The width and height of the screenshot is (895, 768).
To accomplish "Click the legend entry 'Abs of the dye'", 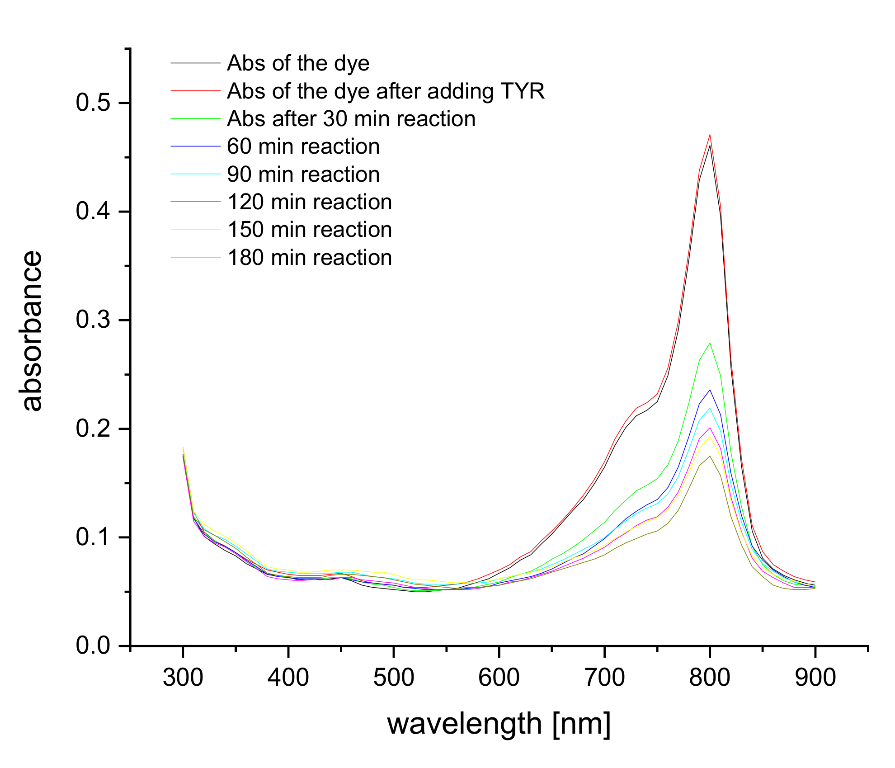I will coord(298,63).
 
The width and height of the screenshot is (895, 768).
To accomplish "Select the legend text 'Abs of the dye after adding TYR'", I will coord(386,91).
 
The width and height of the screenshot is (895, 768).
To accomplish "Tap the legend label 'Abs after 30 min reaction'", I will coord(351,119).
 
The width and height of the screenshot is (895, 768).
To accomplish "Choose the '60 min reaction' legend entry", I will coord(303,146).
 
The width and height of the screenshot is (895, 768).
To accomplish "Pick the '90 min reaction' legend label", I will coord(303,174).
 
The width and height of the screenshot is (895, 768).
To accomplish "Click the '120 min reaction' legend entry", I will coord(310,202).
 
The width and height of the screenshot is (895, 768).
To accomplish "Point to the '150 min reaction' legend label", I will coord(310,230).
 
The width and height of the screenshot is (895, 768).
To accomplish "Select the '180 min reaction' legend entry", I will coord(310,258).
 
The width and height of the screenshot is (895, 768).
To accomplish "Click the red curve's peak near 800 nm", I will coord(710,135).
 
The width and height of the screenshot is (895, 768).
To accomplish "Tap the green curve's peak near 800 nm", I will coord(710,343).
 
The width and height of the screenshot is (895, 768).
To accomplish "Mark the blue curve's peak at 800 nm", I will coord(710,390).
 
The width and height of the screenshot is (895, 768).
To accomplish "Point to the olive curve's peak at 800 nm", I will coord(710,456).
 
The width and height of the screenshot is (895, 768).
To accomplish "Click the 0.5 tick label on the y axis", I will coord(93,103).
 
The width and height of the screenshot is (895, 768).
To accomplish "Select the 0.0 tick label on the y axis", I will coord(93,645).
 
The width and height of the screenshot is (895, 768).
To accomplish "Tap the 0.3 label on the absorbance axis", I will coord(93,320).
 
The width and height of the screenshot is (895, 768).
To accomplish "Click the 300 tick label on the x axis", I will coord(183,678).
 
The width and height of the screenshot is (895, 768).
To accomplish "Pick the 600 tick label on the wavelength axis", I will coord(499,678).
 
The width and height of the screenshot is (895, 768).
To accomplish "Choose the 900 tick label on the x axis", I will coord(815,678).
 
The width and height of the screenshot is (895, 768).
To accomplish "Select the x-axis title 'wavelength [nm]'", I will coord(499,724).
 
